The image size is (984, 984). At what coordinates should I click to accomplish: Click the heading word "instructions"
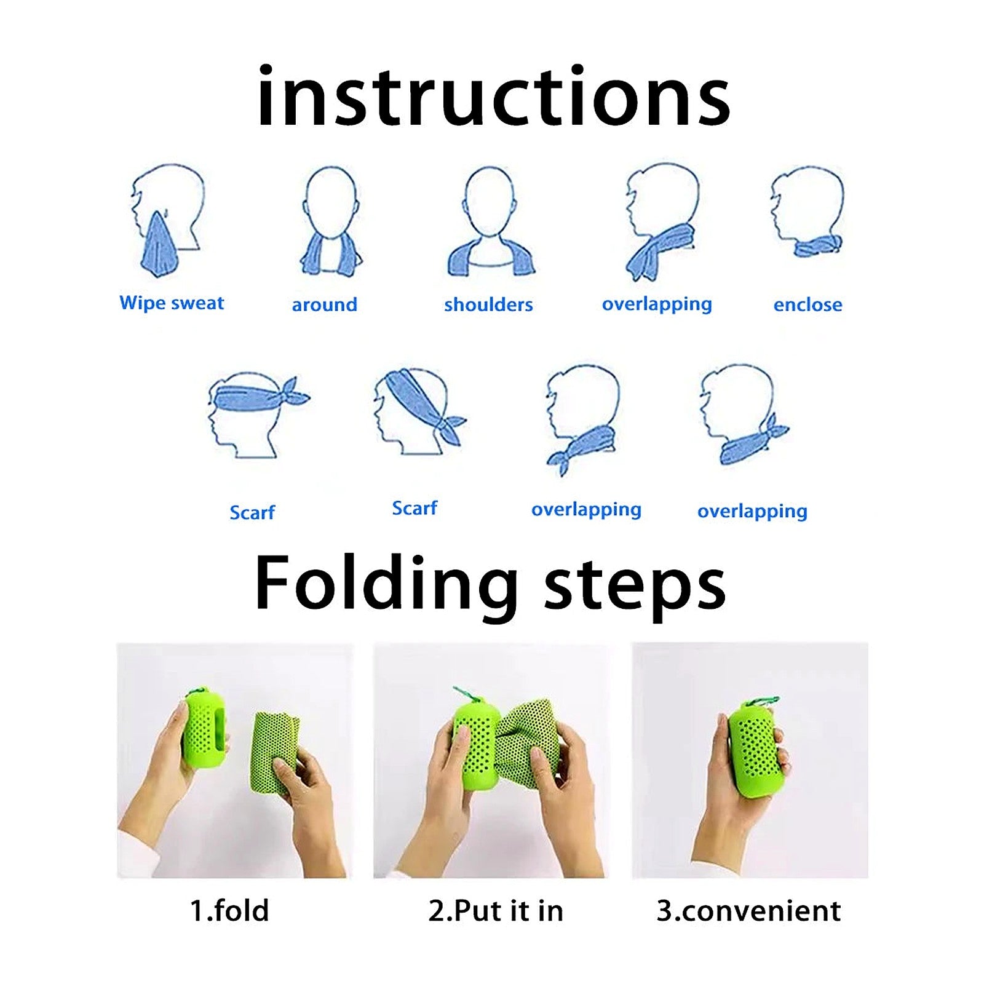click(x=493, y=96)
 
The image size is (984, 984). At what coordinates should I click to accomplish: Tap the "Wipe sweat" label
click(x=172, y=303)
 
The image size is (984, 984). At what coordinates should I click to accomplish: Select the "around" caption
click(x=324, y=304)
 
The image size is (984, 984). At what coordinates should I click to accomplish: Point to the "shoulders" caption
click(x=488, y=304)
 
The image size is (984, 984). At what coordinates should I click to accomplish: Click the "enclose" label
click(x=807, y=304)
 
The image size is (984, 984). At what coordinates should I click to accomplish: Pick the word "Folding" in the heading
click(x=386, y=582)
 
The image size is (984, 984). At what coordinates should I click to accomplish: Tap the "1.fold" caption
click(x=229, y=911)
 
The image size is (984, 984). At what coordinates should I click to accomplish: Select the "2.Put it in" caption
click(x=496, y=911)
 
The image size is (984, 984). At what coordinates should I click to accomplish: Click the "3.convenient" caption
click(x=748, y=911)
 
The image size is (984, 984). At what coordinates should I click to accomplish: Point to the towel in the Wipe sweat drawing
click(x=159, y=246)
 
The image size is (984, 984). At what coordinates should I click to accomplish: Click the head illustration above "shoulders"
click(x=490, y=203)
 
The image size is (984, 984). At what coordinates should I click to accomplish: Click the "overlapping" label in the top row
click(x=657, y=304)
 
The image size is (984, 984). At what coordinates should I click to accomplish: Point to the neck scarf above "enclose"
click(x=819, y=246)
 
